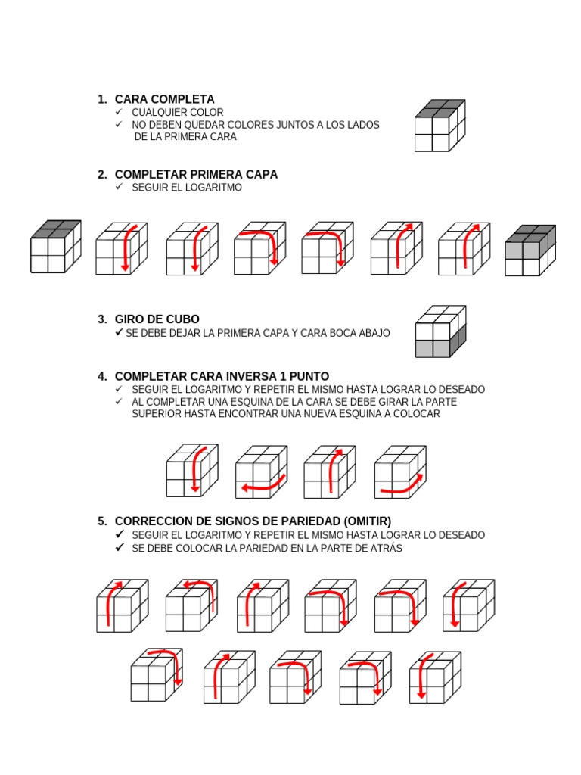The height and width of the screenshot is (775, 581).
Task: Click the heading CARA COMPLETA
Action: coord(164,99)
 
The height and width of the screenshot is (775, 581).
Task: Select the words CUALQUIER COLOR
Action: coord(178,112)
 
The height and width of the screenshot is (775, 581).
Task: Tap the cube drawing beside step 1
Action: coord(440,126)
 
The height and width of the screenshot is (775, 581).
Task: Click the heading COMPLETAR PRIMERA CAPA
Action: coord(196,174)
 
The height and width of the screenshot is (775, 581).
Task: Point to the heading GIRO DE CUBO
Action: coord(157,319)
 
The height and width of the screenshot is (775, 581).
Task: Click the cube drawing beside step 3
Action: coord(441,331)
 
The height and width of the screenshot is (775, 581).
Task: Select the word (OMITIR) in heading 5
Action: coord(365,521)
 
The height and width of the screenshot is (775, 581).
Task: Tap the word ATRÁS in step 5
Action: coord(385,548)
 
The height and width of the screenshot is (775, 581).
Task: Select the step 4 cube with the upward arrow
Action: coord(330,471)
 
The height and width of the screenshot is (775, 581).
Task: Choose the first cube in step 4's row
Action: coord(192,471)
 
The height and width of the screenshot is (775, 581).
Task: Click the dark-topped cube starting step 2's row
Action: coord(55,247)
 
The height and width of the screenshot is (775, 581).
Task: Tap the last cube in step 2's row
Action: coord(530,250)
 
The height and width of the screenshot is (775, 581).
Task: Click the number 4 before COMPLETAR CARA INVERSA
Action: coord(101,376)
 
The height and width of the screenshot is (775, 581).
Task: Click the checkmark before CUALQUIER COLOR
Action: coord(119,112)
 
